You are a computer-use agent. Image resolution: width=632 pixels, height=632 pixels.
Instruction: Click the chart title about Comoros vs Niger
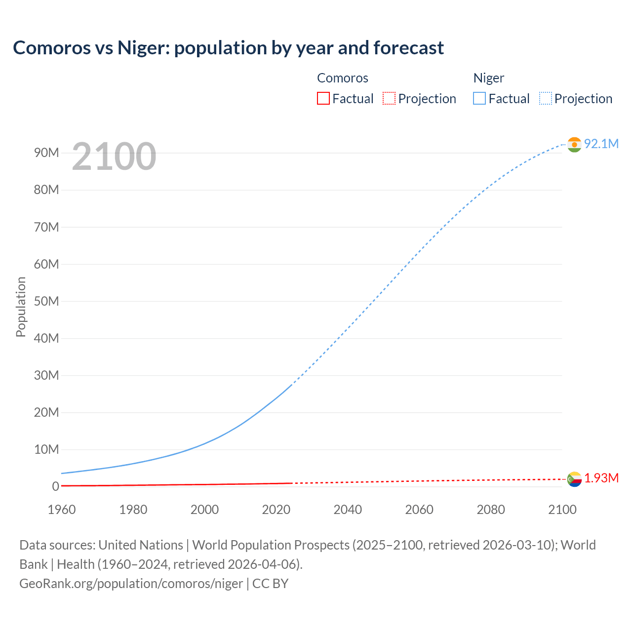point(228,48)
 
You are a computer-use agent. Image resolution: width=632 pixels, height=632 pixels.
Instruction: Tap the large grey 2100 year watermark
point(114,157)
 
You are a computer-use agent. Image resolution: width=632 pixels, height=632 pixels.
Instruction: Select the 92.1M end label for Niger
point(601,144)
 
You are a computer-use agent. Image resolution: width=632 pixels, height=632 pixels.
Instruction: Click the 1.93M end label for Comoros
point(601,478)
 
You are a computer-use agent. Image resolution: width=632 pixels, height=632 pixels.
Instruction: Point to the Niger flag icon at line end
point(574,145)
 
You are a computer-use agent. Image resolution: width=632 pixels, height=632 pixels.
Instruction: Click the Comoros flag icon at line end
point(574,479)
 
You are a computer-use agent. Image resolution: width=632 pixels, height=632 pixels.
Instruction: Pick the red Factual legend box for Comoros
point(323,99)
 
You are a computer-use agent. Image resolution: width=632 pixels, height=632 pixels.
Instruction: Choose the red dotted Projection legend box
point(389,99)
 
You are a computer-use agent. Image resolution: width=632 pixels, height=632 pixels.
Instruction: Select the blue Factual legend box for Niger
point(479,99)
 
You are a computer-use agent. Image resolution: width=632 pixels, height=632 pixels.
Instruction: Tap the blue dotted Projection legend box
point(546,99)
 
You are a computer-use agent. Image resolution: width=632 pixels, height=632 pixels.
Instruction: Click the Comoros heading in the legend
point(343,78)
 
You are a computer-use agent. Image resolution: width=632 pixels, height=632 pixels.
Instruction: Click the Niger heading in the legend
point(489,78)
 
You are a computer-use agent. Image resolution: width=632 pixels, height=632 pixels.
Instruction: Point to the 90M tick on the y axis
point(46,153)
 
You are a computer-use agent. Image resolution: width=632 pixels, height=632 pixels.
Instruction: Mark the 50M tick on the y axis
point(46,301)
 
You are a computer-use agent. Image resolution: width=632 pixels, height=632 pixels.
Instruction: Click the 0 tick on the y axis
point(55,486)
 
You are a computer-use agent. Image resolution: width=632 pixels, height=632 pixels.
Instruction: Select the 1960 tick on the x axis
point(62,510)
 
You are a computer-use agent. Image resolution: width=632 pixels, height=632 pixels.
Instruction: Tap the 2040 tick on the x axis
point(348,510)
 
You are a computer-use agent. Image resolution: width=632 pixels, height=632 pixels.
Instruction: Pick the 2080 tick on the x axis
point(491,510)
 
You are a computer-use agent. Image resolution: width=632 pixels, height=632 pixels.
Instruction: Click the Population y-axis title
point(21,307)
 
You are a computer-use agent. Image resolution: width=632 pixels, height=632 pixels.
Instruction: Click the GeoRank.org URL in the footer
point(131,584)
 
